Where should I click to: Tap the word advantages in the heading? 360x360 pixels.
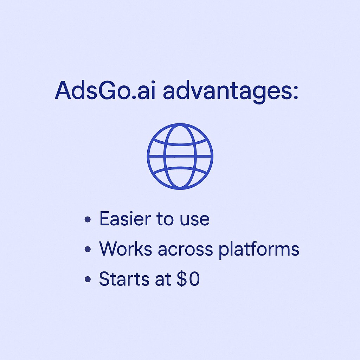click(x=225, y=92)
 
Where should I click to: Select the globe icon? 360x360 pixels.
click(x=180, y=156)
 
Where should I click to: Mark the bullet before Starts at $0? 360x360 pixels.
click(x=88, y=280)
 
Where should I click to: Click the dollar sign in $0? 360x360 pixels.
click(x=183, y=279)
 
